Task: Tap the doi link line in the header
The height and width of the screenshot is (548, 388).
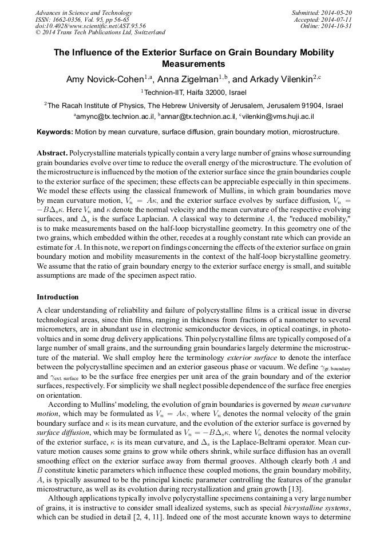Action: (x=90, y=26)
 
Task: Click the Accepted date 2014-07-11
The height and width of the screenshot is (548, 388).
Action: (x=339, y=19)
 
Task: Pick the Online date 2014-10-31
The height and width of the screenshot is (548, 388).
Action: (x=341, y=26)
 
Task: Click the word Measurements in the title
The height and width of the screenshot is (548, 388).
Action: (x=193, y=64)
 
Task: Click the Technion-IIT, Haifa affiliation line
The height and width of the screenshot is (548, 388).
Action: (x=195, y=93)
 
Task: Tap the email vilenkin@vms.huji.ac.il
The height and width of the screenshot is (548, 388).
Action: (x=277, y=117)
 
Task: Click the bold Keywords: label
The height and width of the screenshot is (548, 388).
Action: (x=54, y=132)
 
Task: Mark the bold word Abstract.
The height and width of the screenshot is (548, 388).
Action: (x=52, y=154)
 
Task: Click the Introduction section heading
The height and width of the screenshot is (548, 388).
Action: (x=57, y=297)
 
